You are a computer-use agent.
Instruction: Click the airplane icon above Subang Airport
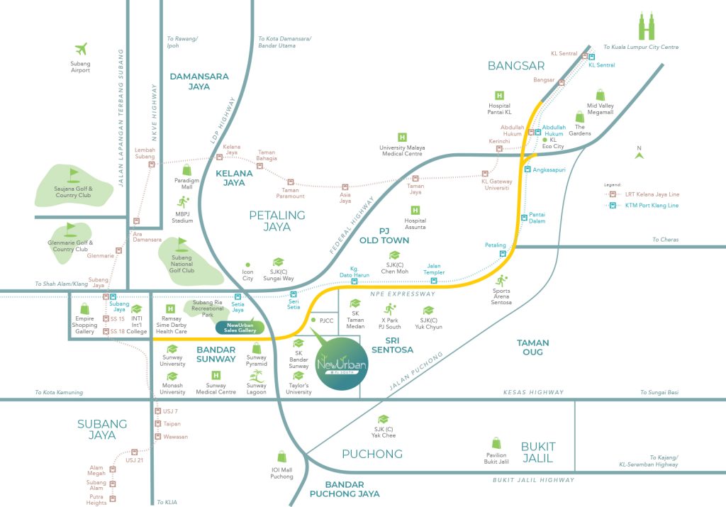(x=81, y=49)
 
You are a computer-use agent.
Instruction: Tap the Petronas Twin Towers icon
(x=647, y=26)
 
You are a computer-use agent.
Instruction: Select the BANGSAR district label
(x=516, y=66)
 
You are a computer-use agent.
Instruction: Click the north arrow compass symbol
(x=640, y=152)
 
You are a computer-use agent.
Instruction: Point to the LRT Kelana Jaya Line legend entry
(x=641, y=194)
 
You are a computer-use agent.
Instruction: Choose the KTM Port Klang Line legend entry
(x=641, y=206)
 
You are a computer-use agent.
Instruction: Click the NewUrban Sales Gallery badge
(x=240, y=328)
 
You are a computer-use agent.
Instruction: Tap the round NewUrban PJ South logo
(x=342, y=364)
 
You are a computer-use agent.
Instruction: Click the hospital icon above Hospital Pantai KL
(x=499, y=96)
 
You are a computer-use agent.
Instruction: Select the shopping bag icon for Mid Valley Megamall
(x=600, y=95)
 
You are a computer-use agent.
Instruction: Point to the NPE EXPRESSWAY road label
(x=403, y=294)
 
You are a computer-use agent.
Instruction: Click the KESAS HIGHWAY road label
(x=533, y=392)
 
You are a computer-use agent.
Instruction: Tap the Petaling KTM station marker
(x=503, y=254)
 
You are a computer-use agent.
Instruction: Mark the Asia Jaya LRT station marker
(x=345, y=187)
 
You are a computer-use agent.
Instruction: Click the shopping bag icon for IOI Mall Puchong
(x=281, y=457)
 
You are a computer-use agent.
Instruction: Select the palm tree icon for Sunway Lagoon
(x=256, y=376)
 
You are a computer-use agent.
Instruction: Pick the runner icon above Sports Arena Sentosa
(x=501, y=281)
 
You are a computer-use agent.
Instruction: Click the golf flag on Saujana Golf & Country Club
(x=73, y=175)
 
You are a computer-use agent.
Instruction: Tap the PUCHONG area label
(x=372, y=454)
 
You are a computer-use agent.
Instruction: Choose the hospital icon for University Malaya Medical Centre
(x=403, y=138)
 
